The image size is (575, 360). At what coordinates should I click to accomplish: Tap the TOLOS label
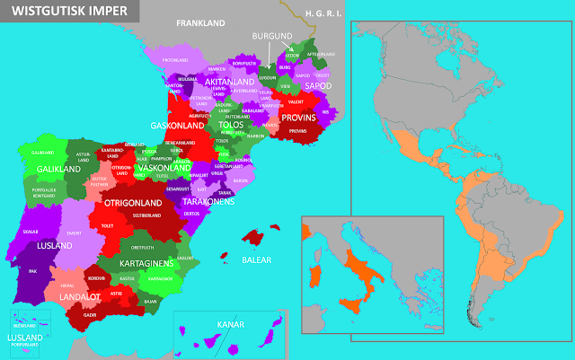(x=230, y=125)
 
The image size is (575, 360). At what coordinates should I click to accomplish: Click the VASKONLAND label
(x=164, y=168)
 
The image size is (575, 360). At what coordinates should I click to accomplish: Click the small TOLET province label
(x=109, y=226)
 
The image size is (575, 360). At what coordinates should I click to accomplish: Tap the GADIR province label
(x=91, y=315)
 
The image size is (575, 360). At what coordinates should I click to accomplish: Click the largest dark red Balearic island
(x=260, y=238)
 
